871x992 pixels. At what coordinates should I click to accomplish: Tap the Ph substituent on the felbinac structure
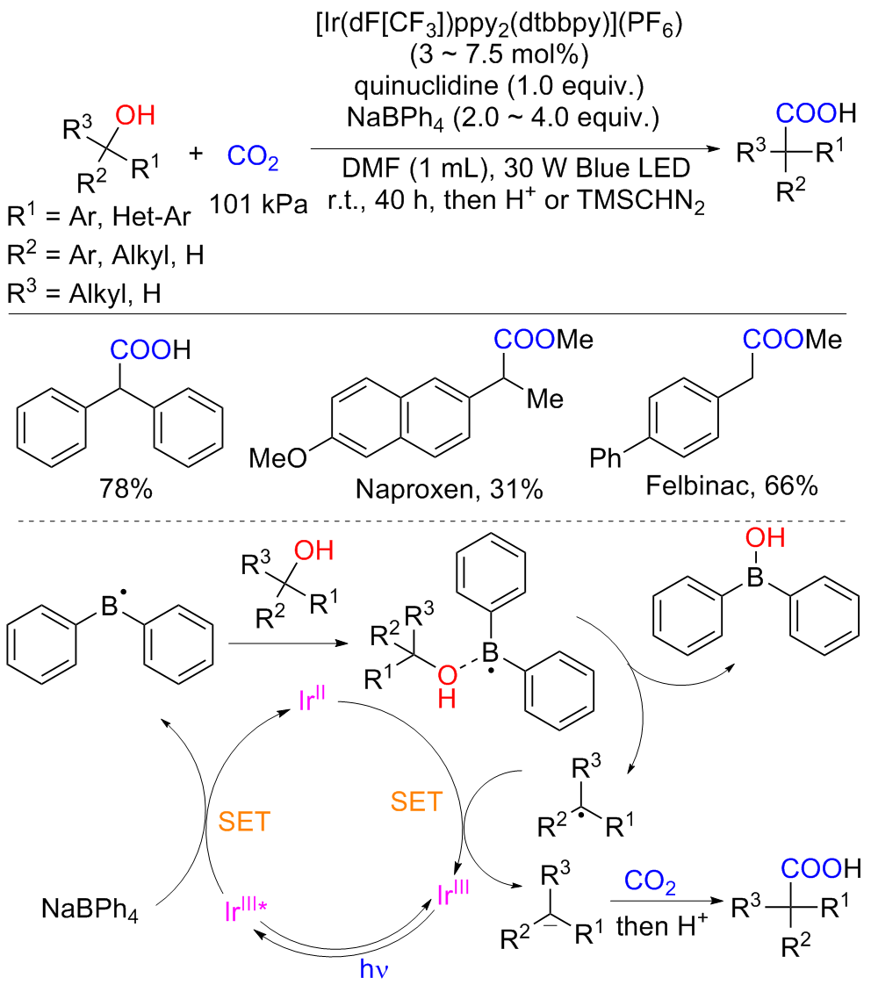(605, 457)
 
